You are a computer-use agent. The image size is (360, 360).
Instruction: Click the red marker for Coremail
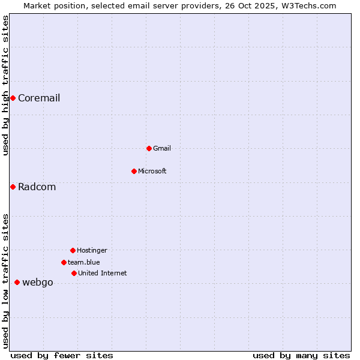pos(13,98)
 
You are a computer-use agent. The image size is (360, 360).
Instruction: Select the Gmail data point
pos(149,148)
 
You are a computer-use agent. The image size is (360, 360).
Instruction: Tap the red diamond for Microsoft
pos(134,171)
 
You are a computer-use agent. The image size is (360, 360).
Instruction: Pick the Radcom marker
pos(13,187)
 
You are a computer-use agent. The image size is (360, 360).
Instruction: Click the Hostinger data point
pos(73,250)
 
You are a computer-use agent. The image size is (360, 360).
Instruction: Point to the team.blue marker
pos(64,262)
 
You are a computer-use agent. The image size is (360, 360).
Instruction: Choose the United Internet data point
pos(74,273)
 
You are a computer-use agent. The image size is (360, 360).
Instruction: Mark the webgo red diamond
pos(17,282)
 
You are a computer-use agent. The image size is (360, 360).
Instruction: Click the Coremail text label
pos(39,98)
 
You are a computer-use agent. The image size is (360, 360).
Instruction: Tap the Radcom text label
pos(37,187)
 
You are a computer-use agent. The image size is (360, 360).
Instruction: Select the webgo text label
pos(37,283)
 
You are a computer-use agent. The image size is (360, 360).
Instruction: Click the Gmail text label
pos(162,148)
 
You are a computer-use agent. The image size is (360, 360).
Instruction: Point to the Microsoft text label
pos(152,171)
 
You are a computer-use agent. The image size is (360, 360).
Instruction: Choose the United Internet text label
pos(102,273)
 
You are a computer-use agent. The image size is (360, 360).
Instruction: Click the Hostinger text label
pos(92,250)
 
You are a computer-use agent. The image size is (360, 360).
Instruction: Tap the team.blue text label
pos(84,262)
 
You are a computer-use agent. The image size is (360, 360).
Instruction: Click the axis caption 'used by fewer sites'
pos(62,355)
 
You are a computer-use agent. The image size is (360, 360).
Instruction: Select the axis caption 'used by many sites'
pos(301,355)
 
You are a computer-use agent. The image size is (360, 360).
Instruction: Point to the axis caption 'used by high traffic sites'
pos(5,85)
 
